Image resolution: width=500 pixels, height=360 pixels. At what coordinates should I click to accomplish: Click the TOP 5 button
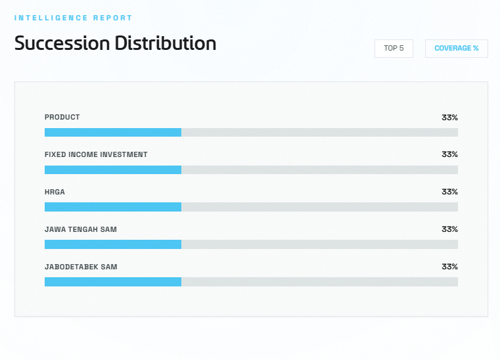(x=394, y=49)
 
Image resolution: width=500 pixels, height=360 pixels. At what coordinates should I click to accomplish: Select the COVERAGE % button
(x=456, y=49)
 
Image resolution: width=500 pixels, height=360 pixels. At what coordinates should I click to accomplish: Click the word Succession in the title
(x=62, y=43)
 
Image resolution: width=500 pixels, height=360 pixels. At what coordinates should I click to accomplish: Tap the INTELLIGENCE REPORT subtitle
(x=73, y=18)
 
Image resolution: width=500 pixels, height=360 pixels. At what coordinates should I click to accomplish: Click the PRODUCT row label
(x=62, y=118)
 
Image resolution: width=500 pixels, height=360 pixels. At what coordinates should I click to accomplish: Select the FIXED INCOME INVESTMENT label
(x=96, y=155)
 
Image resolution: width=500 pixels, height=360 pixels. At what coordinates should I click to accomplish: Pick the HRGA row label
(x=55, y=192)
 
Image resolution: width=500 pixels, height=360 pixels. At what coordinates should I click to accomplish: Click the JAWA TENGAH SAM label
(x=81, y=230)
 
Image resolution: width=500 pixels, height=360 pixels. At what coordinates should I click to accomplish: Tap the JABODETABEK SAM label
(x=81, y=267)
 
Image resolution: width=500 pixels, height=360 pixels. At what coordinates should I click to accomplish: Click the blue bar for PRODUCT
(x=113, y=133)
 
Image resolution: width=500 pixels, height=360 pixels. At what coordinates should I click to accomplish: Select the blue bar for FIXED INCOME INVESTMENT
(x=113, y=170)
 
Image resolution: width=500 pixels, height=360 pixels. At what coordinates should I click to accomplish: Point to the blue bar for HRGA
(x=113, y=207)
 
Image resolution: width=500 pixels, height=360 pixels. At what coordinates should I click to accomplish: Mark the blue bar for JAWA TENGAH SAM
(x=113, y=244)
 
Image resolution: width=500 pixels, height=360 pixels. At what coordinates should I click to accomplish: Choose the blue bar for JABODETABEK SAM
(x=113, y=282)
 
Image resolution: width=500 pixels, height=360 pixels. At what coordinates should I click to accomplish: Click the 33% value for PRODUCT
(x=449, y=118)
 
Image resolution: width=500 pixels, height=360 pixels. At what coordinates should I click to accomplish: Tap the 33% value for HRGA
(x=449, y=192)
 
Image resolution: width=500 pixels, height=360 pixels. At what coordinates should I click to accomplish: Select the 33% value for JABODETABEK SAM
(x=449, y=267)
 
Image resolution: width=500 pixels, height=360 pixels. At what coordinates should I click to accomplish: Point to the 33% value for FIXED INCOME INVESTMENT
(x=449, y=155)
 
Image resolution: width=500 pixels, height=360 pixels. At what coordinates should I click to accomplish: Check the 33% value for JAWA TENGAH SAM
(x=449, y=230)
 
